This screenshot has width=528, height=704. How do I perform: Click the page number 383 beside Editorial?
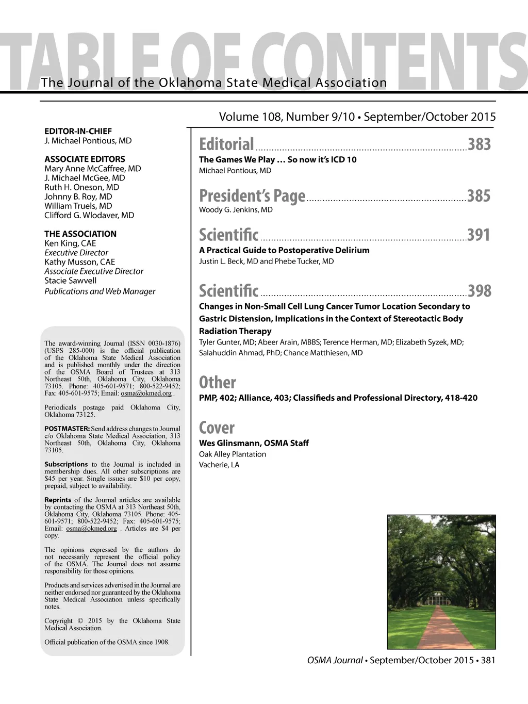pyautogui.click(x=479, y=144)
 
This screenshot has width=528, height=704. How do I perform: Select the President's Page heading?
pyautogui.click(x=252, y=196)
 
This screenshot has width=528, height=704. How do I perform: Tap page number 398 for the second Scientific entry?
pyautogui.click(x=480, y=291)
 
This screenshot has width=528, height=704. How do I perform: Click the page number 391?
pyautogui.click(x=478, y=235)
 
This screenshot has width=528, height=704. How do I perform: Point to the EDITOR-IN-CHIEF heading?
pyautogui.click(x=78, y=131)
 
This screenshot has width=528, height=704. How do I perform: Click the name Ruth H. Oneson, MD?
pyautogui.click(x=81, y=187)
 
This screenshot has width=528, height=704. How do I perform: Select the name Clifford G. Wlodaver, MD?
pyautogui.click(x=89, y=215)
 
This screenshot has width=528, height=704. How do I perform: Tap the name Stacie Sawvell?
pyautogui.click(x=70, y=281)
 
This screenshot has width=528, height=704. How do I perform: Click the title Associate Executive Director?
pyautogui.click(x=94, y=271)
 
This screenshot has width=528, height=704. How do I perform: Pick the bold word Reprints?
pyautogui.click(x=58, y=500)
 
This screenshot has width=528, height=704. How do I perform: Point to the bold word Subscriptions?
pyautogui.click(x=66, y=464)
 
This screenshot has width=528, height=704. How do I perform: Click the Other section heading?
pyautogui.click(x=217, y=383)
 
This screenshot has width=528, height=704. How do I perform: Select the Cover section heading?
pyautogui.click(x=217, y=428)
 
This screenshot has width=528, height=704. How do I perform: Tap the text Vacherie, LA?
pyautogui.click(x=219, y=465)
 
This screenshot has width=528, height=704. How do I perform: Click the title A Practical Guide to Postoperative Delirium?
pyautogui.click(x=284, y=250)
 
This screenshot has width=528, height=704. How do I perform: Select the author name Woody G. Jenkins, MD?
pyautogui.click(x=236, y=209)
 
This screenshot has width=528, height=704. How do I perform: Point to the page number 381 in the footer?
pyautogui.click(x=488, y=660)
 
